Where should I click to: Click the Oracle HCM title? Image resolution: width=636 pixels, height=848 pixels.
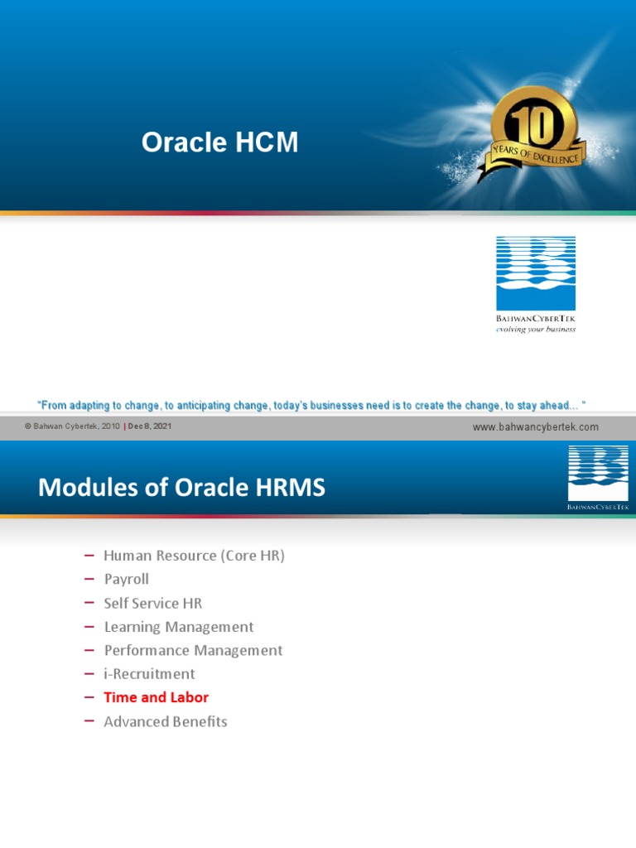point(219,143)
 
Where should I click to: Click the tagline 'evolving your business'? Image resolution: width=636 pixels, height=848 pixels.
point(535,329)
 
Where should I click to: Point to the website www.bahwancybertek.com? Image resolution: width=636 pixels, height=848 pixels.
point(535,427)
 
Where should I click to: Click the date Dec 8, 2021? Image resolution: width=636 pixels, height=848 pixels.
point(150,426)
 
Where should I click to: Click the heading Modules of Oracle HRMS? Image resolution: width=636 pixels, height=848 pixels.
point(182,488)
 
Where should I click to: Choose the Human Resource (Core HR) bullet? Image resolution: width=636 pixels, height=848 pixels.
point(194,556)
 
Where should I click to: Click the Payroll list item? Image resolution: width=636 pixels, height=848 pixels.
point(126,579)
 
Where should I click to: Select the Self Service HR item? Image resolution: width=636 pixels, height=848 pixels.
point(152,603)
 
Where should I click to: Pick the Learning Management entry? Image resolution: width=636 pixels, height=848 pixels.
point(178,627)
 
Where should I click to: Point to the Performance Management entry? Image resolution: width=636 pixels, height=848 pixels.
point(193,650)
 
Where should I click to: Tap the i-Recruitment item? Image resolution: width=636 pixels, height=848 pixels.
point(149,674)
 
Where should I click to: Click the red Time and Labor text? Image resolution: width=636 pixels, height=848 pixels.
point(156,697)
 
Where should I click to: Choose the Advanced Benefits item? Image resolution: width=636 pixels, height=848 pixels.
point(165,721)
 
